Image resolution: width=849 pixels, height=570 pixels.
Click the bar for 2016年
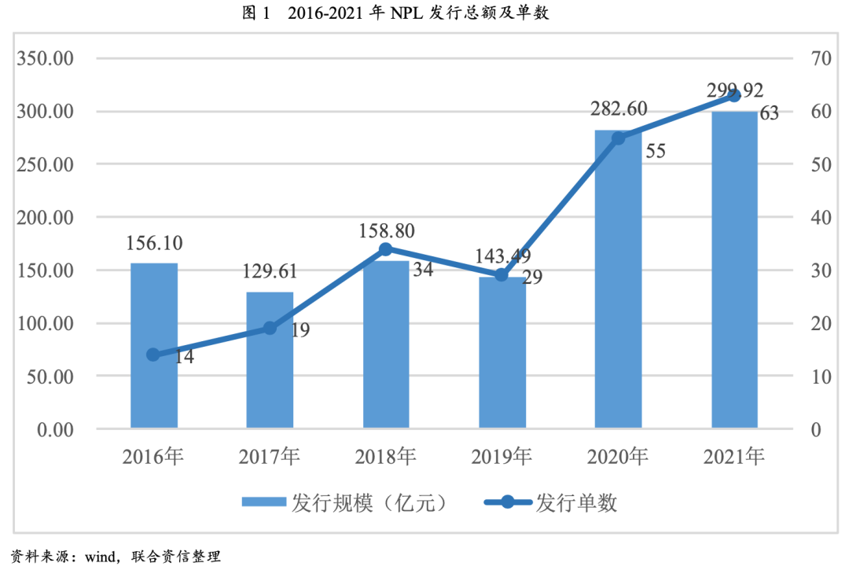(x=153, y=346)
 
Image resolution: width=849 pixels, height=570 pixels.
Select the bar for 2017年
(x=270, y=361)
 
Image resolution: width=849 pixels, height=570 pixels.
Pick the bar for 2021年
(x=734, y=270)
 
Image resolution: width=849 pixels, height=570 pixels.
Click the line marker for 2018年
(x=385, y=249)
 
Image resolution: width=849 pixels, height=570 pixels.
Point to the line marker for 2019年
(x=502, y=275)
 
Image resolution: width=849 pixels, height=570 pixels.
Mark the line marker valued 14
(x=153, y=355)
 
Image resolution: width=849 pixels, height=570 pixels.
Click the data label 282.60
(x=619, y=108)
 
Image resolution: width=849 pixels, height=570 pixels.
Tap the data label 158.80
(x=385, y=231)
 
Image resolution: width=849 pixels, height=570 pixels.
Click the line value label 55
(x=655, y=152)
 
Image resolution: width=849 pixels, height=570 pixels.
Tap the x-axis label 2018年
(x=385, y=456)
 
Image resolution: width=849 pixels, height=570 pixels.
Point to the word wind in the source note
(x=100, y=557)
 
